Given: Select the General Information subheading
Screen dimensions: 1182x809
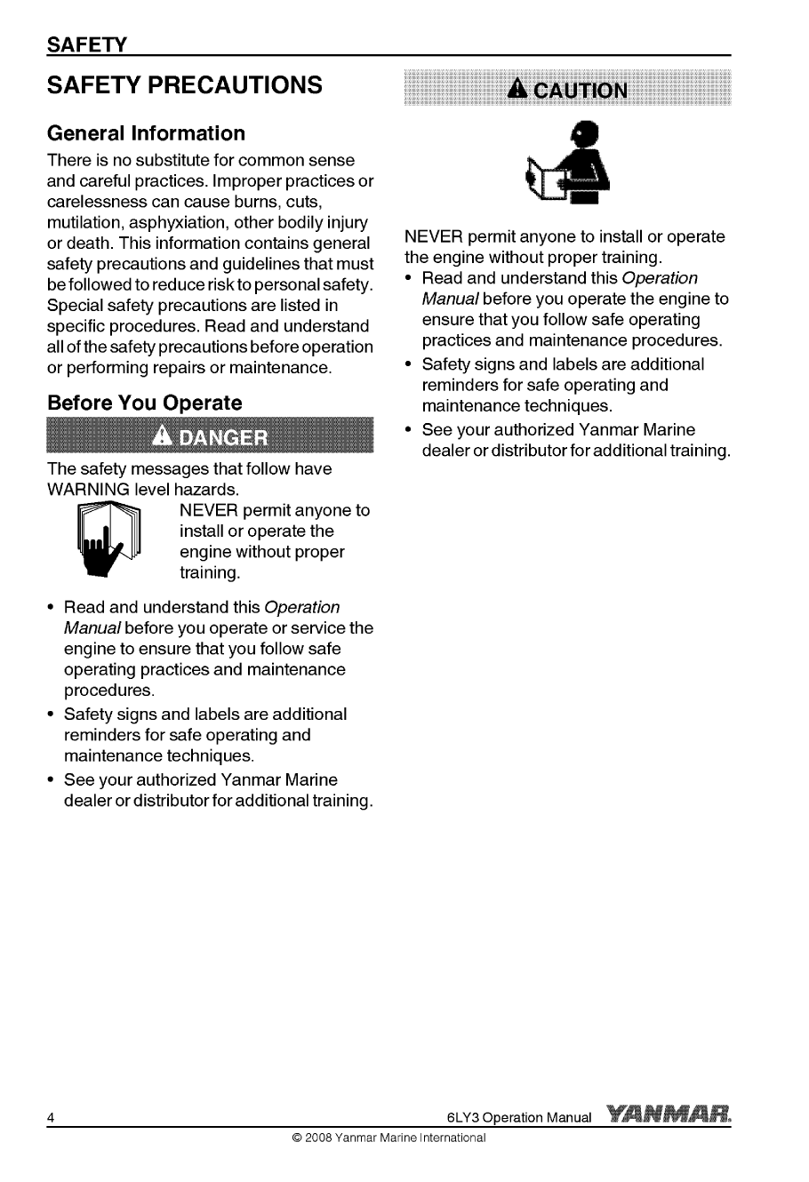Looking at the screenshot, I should [x=146, y=133].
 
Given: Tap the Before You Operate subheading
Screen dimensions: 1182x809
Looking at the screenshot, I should [x=144, y=403].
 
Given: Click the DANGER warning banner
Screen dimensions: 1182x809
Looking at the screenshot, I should [x=211, y=437].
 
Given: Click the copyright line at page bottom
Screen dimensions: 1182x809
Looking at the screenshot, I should [x=382, y=1138].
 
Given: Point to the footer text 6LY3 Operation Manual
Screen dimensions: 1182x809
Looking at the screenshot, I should [x=519, y=1117].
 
